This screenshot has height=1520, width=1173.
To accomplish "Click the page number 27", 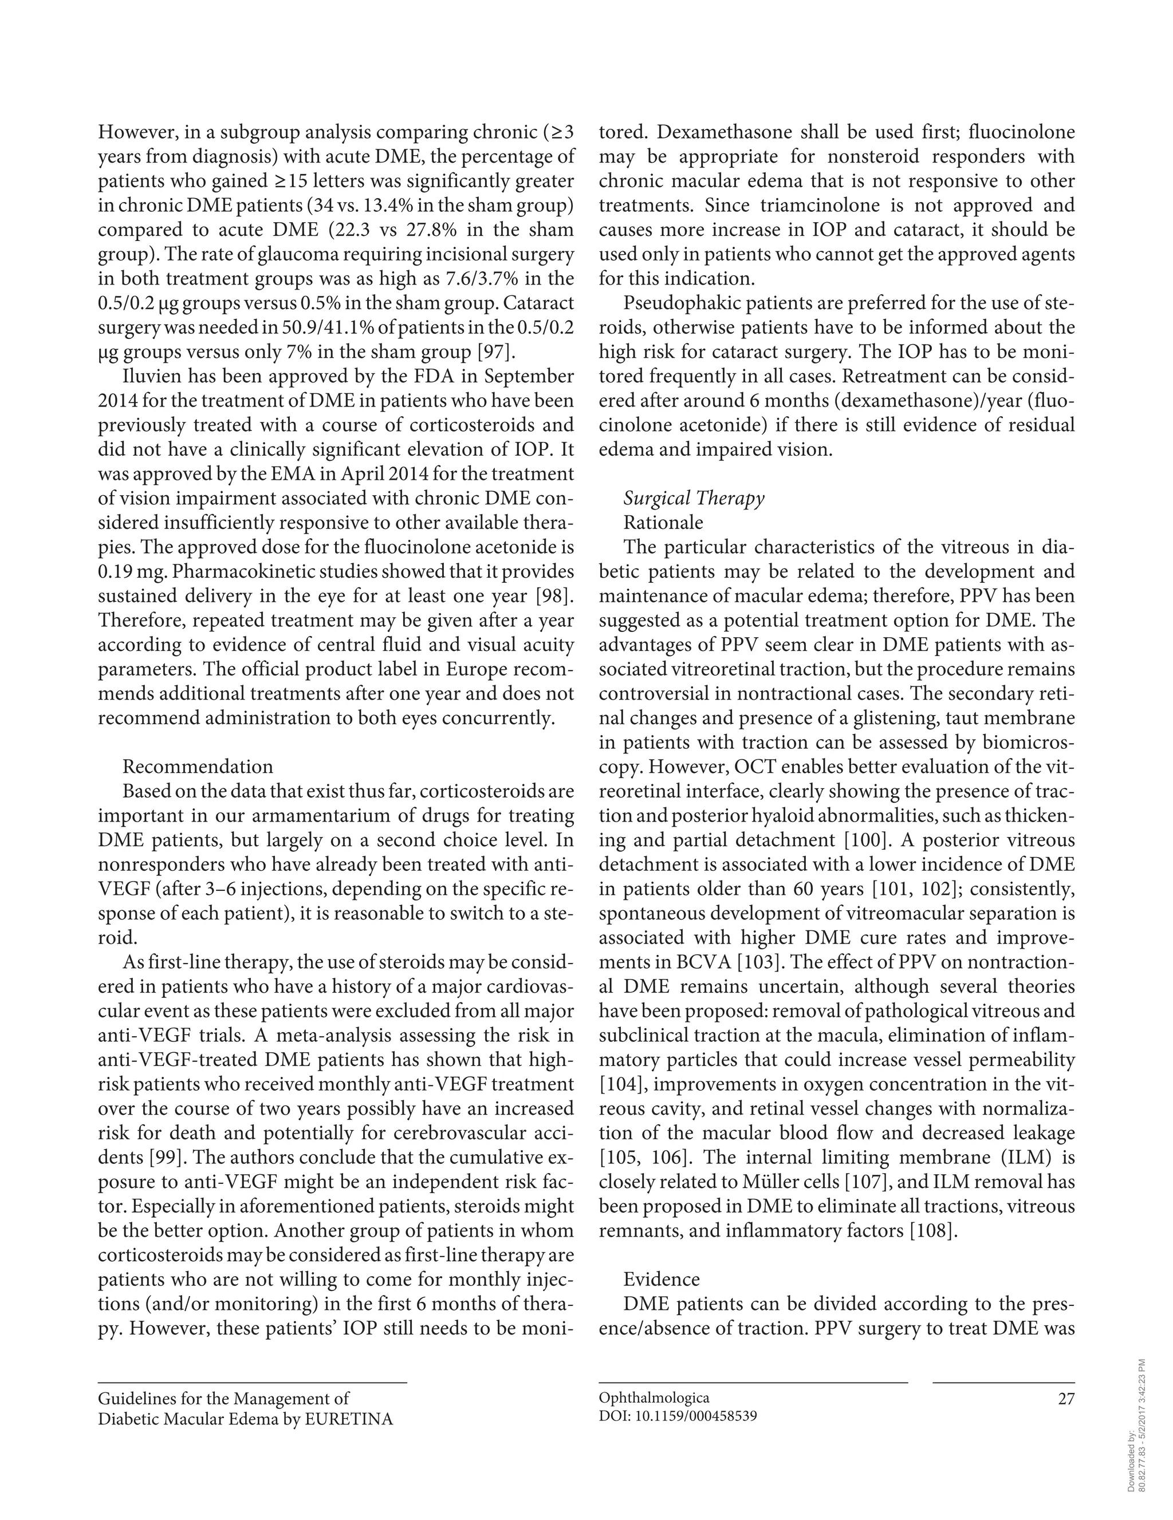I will (1066, 1398).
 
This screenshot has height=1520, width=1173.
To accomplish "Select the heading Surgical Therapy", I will (694, 498).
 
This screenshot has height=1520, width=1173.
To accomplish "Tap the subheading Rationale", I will (663, 523).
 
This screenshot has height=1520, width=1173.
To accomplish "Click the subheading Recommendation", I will (198, 767).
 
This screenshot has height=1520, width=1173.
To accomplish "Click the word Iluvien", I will (153, 377).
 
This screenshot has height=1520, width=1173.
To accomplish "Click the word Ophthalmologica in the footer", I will (654, 1398).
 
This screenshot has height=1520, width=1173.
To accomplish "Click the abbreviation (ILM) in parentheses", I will (1024, 1158).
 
